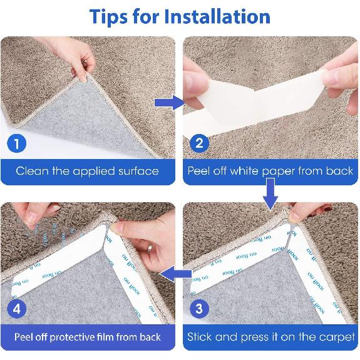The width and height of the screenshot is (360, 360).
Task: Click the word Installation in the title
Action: (217, 16)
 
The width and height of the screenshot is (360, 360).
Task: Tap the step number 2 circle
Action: (200, 143)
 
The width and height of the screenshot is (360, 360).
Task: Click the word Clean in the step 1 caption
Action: (33, 170)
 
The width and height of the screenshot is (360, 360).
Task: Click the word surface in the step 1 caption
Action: (137, 170)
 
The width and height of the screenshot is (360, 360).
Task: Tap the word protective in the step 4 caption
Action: (74, 337)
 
